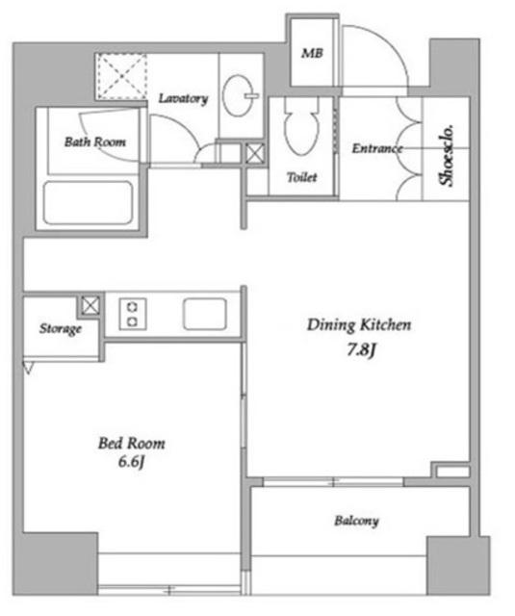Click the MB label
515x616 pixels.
tap(312, 53)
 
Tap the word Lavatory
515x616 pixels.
tap(183, 98)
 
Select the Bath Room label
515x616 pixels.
tap(95, 141)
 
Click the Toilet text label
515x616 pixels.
tap(301, 177)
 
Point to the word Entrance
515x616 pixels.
tap(377, 148)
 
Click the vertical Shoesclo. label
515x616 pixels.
tap(447, 156)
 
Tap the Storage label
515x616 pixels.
tap(61, 328)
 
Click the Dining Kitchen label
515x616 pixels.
tap(359, 325)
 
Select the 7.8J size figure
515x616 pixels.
tap(361, 349)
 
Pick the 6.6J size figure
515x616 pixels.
tap(132, 462)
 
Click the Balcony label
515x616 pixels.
tap(357, 521)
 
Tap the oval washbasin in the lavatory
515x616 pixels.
tap(239, 95)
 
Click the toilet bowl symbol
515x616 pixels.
tap(301, 126)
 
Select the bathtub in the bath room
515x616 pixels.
tap(88, 203)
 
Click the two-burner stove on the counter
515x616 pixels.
tap(133, 314)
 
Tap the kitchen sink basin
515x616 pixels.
tap(205, 314)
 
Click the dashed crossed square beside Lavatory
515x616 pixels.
tap(122, 76)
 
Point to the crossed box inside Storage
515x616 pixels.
tap(90, 305)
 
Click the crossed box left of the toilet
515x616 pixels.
tap(254, 154)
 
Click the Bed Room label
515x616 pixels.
tap(132, 444)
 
